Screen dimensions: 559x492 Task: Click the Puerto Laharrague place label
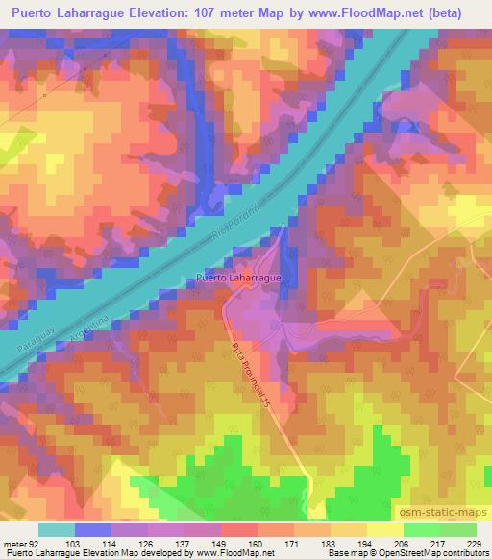(x=237, y=278)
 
